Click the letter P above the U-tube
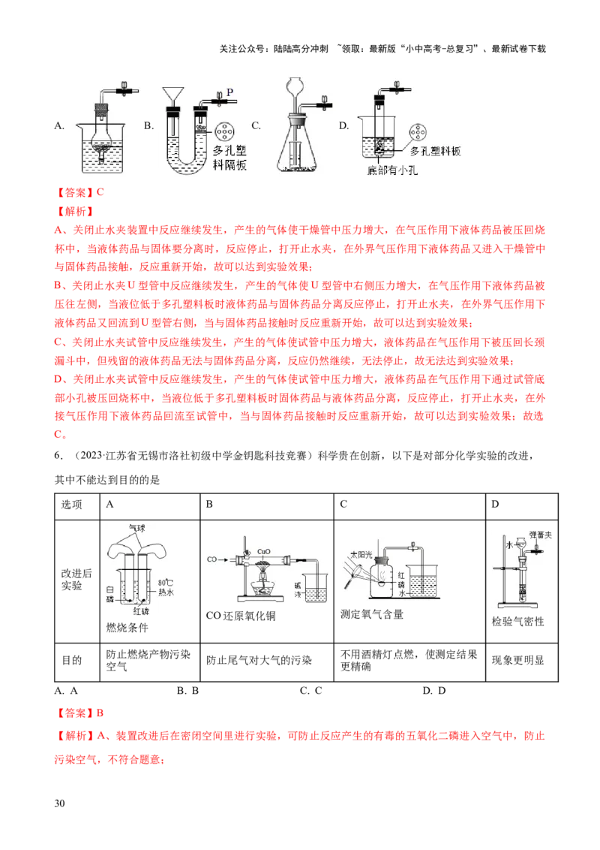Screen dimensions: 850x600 tap(229, 92)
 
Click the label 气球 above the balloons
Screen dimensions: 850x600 tap(137, 528)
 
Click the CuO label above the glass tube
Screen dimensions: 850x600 tap(264, 550)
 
